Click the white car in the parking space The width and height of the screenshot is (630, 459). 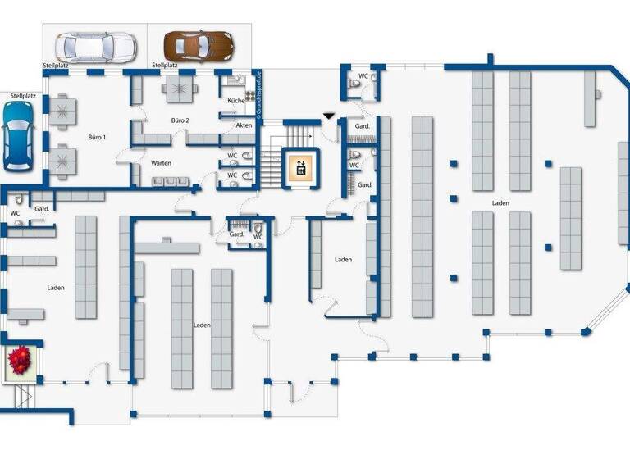(x=93, y=46)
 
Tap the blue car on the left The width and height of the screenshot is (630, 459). (x=17, y=135)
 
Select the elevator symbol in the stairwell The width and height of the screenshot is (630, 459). (x=300, y=167)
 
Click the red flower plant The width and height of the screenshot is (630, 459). (x=19, y=360)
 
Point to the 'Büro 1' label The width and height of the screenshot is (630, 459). (x=97, y=137)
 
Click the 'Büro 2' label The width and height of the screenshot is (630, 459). (x=180, y=120)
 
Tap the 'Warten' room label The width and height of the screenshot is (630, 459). (x=161, y=163)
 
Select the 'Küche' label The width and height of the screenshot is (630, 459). (x=235, y=100)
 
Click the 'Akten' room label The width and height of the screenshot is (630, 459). (x=244, y=125)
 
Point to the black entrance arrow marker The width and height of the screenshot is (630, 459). (x=329, y=116)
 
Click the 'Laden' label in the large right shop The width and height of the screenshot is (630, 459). (x=500, y=202)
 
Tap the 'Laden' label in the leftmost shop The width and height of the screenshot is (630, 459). (x=56, y=288)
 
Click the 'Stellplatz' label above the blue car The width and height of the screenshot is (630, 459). (x=23, y=96)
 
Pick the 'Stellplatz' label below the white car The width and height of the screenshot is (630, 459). (x=57, y=64)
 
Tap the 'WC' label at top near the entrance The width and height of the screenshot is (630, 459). (x=363, y=76)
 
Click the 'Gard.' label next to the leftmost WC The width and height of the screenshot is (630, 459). (x=43, y=209)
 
